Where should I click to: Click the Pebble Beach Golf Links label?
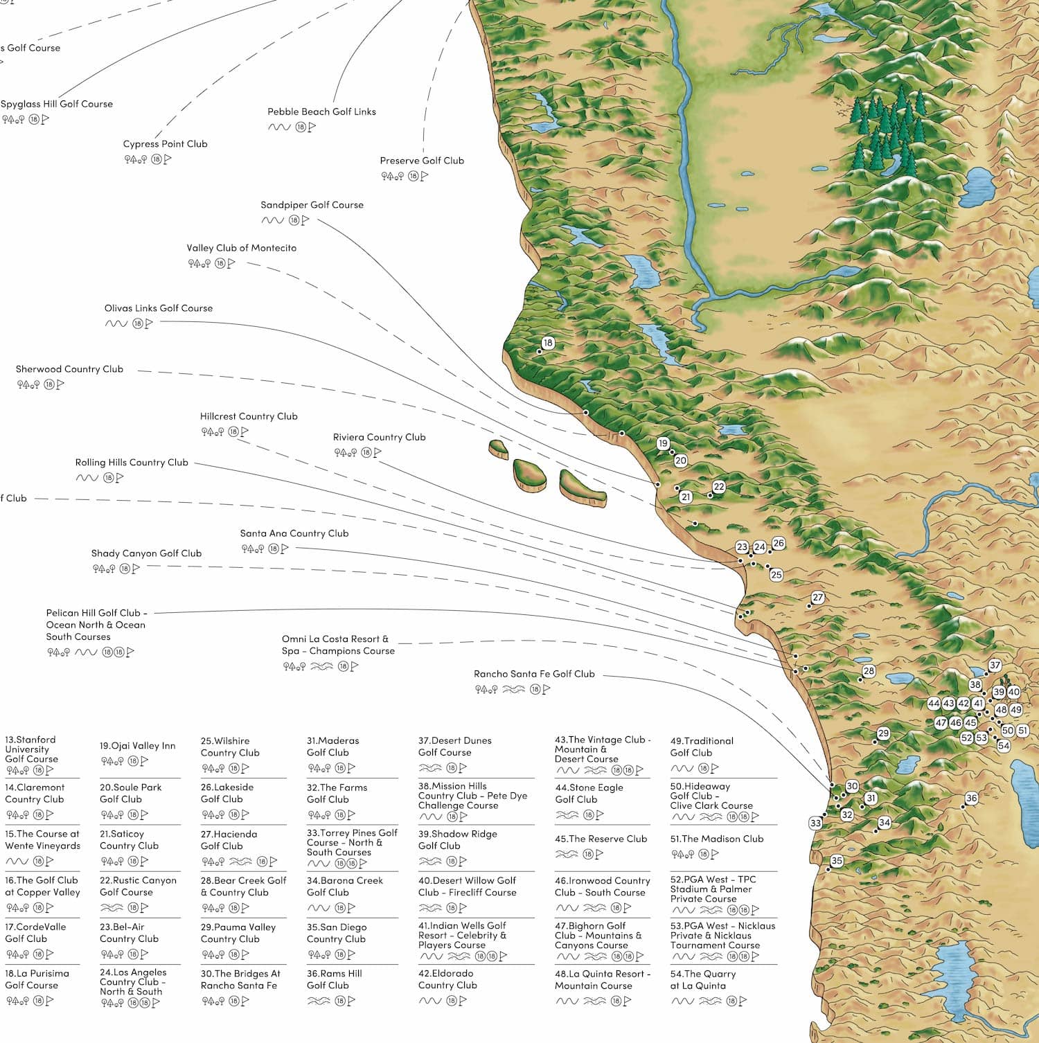tap(321, 112)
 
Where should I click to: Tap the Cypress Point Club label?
tap(165, 144)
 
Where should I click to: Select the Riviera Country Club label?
tap(379, 437)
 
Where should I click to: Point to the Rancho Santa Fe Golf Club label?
tap(534, 674)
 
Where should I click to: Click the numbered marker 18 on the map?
tap(548, 343)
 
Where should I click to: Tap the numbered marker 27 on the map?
tap(818, 598)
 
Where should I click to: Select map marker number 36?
tap(971, 799)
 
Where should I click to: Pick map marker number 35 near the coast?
tap(837, 861)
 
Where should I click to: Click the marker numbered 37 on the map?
tap(995, 666)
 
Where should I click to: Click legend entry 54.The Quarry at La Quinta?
tap(702, 979)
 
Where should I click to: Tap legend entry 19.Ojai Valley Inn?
tap(137, 746)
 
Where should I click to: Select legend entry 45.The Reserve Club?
tap(601, 839)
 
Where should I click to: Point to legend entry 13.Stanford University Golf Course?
tap(31, 749)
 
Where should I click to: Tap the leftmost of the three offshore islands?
tap(499, 449)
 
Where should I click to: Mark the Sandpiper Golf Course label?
tap(312, 205)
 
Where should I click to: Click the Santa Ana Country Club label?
tap(294, 533)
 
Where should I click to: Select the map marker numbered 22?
tap(718, 487)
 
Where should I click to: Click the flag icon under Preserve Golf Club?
tap(425, 177)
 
